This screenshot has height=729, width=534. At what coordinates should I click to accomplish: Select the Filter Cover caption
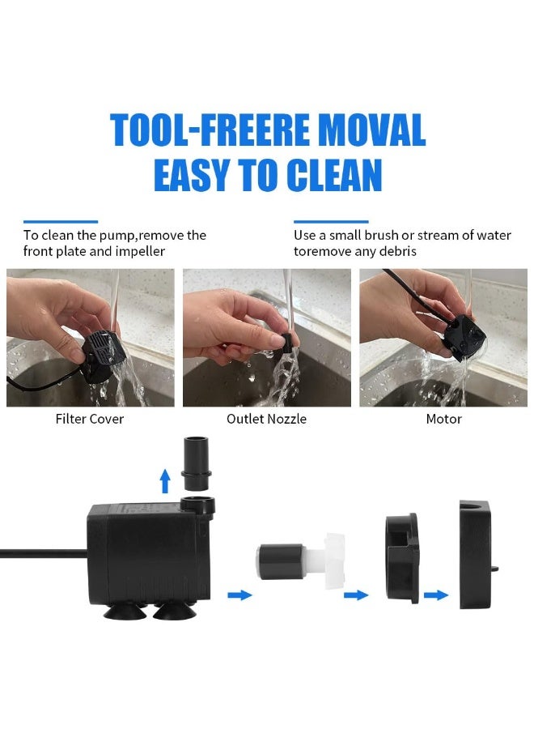[90, 419]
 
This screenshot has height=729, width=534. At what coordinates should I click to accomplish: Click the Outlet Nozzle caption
[266, 419]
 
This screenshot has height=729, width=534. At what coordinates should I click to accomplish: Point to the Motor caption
[444, 419]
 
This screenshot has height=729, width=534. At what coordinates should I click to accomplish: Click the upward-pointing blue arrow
[165, 480]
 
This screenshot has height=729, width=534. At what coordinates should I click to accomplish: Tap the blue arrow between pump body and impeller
[239, 595]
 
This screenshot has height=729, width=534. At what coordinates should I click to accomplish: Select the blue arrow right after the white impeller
[356, 595]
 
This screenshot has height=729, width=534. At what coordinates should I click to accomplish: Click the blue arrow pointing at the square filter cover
[436, 595]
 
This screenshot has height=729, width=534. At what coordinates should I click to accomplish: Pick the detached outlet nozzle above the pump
[196, 463]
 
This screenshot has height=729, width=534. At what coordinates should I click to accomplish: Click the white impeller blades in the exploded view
[335, 561]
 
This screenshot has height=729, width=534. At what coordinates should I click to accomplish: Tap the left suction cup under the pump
[125, 611]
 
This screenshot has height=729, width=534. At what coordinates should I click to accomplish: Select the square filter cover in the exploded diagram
[477, 555]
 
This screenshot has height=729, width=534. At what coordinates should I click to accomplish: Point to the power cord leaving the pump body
[44, 552]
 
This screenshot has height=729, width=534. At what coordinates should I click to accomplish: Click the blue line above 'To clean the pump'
[61, 222]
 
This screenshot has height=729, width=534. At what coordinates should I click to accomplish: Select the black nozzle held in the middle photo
[287, 342]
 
